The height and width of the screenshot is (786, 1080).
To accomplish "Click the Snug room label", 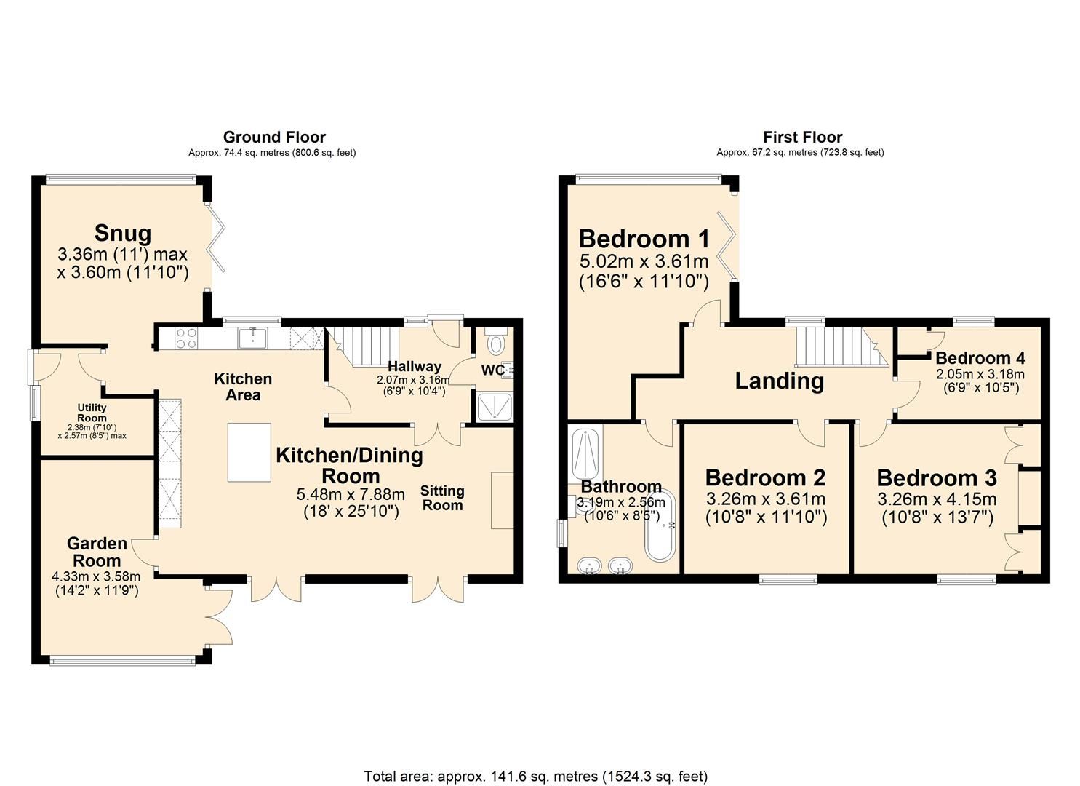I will tap(123, 234).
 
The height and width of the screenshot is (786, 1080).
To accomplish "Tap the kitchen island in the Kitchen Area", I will tap(249, 452).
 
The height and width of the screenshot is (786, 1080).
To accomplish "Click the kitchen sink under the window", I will tap(254, 338).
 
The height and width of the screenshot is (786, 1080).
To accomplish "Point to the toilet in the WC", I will tap(496, 343).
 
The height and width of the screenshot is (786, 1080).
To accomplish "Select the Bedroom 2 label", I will tap(765, 478).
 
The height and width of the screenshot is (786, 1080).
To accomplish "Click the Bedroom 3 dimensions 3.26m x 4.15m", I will tap(937, 499).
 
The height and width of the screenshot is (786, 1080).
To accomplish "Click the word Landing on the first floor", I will tap(779, 381).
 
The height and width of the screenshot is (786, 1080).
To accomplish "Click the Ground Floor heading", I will tap(274, 137).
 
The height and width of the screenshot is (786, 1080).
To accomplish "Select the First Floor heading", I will tap(802, 137).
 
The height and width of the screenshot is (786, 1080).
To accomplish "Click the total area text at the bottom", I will tap(535, 776).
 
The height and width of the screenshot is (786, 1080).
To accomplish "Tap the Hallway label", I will tap(414, 366).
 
